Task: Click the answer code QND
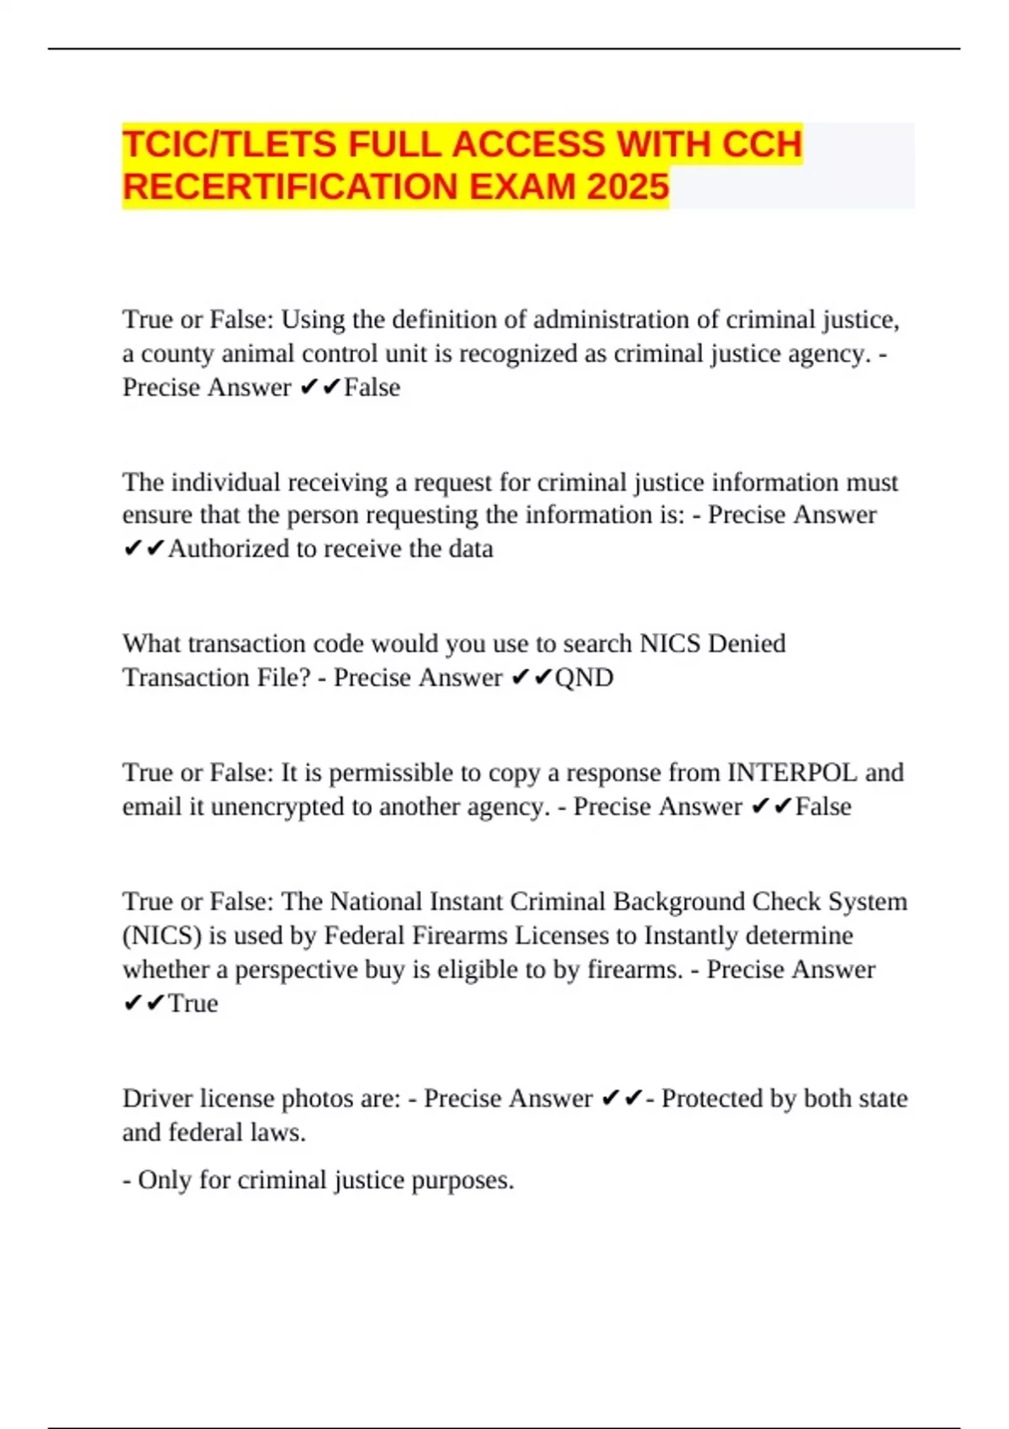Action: click(584, 678)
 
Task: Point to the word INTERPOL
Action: click(792, 773)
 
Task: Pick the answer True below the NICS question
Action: click(193, 1004)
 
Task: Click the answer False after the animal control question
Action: click(372, 388)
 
